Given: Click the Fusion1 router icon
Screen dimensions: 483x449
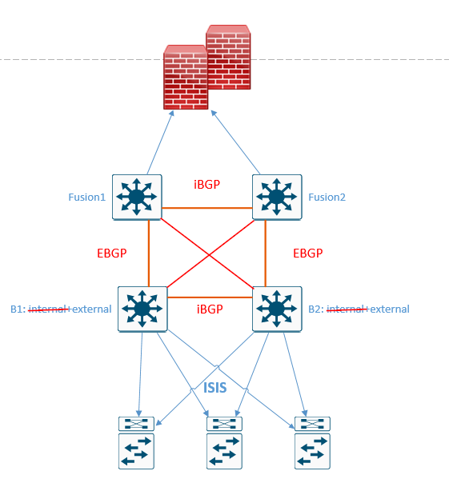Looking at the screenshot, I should (x=137, y=196).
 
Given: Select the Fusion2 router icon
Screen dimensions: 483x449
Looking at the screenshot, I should (x=277, y=196).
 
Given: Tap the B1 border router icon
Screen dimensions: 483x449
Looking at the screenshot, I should (x=142, y=309).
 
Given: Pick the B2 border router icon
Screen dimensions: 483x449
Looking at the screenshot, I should (x=277, y=309).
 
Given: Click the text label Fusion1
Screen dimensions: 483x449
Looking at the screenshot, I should (x=87, y=197).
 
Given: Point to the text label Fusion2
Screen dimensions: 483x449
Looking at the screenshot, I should (x=327, y=197).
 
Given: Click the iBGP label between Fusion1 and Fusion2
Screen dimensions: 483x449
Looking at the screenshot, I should (x=206, y=184).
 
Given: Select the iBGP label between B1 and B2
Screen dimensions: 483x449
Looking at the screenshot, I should (x=209, y=309).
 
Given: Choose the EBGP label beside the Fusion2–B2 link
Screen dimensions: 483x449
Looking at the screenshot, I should (x=307, y=253).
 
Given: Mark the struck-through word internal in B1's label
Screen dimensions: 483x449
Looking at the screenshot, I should (x=49, y=309).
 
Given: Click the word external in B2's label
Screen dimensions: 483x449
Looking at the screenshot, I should (x=389, y=309).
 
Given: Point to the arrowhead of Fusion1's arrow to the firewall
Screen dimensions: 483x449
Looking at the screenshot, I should (x=174, y=115).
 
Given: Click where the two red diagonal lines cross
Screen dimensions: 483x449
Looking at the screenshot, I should (x=210, y=254).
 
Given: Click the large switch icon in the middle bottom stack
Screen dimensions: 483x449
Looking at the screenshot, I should (x=224, y=451).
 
